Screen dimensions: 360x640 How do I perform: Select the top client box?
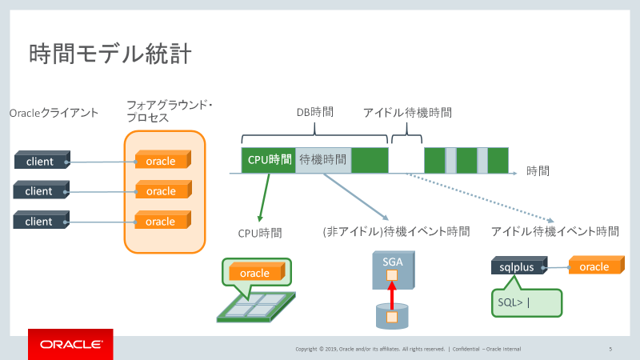[x=39, y=161]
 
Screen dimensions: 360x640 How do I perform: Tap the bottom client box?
[x=39, y=220]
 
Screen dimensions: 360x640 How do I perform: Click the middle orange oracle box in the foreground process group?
[x=162, y=190]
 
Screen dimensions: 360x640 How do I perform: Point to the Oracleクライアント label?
[x=54, y=113]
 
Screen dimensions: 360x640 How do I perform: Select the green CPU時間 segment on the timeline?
[x=269, y=159]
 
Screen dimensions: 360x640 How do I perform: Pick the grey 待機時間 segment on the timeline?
[x=323, y=159]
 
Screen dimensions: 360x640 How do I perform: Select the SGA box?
[x=393, y=270]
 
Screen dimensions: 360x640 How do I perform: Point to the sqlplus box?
[x=516, y=266]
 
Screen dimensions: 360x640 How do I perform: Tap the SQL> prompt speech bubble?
[x=525, y=302]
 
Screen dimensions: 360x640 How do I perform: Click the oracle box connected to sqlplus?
[x=595, y=266]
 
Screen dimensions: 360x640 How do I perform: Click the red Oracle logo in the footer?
[x=70, y=344]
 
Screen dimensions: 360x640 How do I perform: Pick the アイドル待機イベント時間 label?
[x=554, y=232]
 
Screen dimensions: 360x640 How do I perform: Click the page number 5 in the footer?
[x=610, y=349]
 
